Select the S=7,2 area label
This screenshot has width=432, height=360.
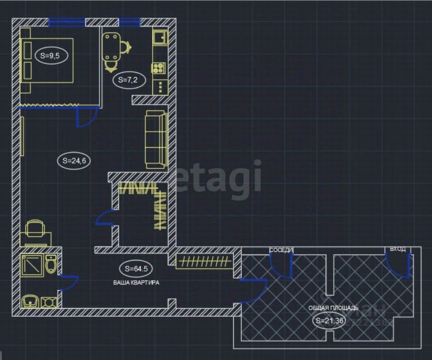click(128, 80)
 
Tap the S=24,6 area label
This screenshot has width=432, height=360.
click(74, 160)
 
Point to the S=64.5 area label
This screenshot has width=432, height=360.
click(136, 269)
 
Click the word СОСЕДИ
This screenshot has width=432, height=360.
click(281, 250)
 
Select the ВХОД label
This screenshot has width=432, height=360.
click(398, 250)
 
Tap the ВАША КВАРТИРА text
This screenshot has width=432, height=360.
click(136, 283)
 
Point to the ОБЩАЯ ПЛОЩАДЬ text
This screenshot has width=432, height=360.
click(333, 308)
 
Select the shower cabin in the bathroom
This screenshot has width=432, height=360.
click(32, 264)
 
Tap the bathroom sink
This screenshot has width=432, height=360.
click(30, 302)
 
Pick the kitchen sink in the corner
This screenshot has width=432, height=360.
click(161, 37)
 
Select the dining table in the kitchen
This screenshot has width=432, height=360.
click(111, 47)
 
